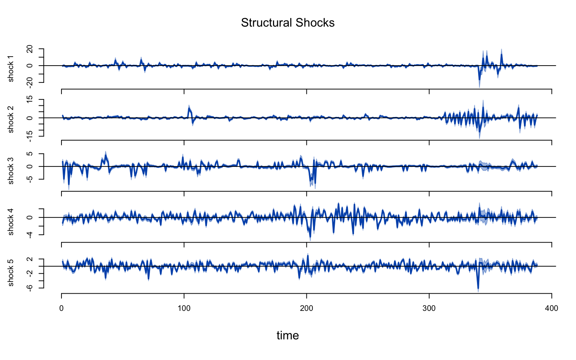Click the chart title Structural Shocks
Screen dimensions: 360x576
[288, 23]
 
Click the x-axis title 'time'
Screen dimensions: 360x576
[288, 335]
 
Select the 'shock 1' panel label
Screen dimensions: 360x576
[10, 68]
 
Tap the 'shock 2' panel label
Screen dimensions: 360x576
[10, 119]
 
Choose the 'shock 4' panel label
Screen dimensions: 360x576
[10, 222]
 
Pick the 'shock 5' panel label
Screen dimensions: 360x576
[10, 273]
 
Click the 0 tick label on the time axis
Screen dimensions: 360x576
[61, 309]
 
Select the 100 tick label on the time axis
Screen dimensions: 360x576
[184, 309]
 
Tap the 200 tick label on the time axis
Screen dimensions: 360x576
[307, 309]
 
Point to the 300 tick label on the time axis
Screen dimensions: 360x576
[429, 309]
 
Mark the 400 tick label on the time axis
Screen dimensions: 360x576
[552, 309]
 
